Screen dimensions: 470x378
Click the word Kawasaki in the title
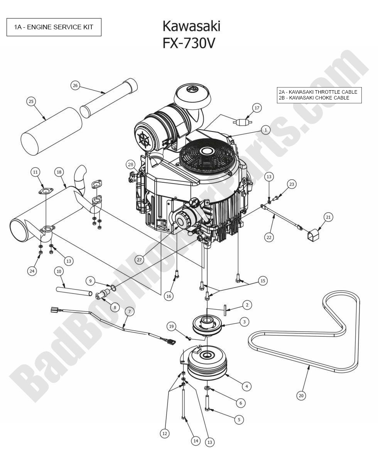click(x=191, y=26)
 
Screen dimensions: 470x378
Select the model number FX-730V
click(x=188, y=43)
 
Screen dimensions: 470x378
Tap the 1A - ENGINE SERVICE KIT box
click(x=54, y=27)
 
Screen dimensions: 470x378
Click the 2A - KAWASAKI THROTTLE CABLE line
click(x=318, y=92)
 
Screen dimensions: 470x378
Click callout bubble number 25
click(x=31, y=101)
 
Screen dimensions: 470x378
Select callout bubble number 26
click(x=75, y=85)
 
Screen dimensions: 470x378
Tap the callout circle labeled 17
click(x=257, y=108)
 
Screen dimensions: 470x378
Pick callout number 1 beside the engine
click(x=265, y=130)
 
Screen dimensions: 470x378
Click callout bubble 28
click(x=131, y=165)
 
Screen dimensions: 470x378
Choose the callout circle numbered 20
click(x=301, y=395)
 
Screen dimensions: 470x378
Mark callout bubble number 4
click(x=246, y=386)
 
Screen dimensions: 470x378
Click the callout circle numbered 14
click(x=196, y=441)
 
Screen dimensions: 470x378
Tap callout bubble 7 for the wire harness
click(x=129, y=312)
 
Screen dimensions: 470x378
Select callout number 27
click(x=140, y=260)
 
